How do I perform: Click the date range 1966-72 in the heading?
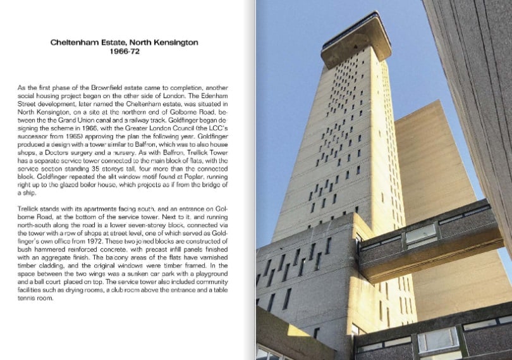coord(124,53)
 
